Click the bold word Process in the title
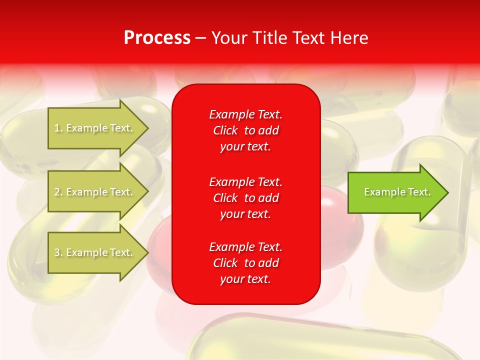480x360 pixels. pyautogui.click(x=157, y=38)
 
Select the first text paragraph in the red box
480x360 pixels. pyautogui.click(x=245, y=130)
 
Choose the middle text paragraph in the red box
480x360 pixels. pyautogui.click(x=245, y=197)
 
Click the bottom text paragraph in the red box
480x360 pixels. pyautogui.click(x=245, y=263)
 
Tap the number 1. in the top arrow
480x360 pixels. pyautogui.click(x=58, y=128)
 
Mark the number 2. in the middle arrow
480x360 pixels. pyautogui.click(x=58, y=192)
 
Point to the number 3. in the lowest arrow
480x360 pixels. pyautogui.click(x=58, y=252)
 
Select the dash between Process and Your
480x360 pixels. pyautogui.click(x=200, y=38)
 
